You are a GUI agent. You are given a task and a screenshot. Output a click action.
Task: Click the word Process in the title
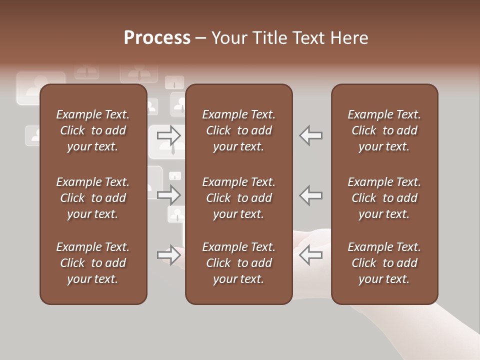[x=157, y=38]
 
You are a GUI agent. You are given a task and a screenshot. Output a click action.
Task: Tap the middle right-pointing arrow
[x=169, y=195]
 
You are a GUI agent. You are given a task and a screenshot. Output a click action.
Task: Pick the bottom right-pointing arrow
[x=169, y=255]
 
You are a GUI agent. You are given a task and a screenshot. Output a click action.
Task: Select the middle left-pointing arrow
[x=310, y=195]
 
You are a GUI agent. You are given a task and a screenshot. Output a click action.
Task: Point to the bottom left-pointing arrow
[x=310, y=255]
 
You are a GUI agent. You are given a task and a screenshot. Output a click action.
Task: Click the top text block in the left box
[x=93, y=130]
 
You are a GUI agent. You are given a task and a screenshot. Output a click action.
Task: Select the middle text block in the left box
[x=93, y=198]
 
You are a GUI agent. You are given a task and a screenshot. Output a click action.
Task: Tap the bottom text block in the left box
[x=93, y=263]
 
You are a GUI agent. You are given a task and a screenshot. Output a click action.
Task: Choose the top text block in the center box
[x=238, y=130]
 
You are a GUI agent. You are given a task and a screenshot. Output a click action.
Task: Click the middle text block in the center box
[x=238, y=198]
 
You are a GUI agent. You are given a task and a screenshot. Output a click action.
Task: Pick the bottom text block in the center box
[x=238, y=263]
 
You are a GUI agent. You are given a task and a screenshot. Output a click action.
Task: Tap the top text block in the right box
[x=384, y=130]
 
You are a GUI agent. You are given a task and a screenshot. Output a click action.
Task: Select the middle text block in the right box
[x=384, y=198]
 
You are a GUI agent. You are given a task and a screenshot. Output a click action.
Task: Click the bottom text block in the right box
[x=384, y=263]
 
